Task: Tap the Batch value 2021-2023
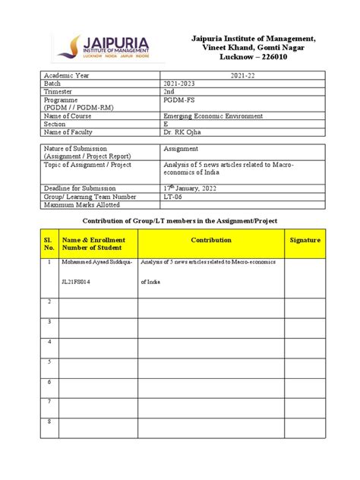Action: click(182, 84)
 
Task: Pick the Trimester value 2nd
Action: click(169, 92)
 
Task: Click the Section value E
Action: click(166, 125)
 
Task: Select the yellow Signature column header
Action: click(305, 240)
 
